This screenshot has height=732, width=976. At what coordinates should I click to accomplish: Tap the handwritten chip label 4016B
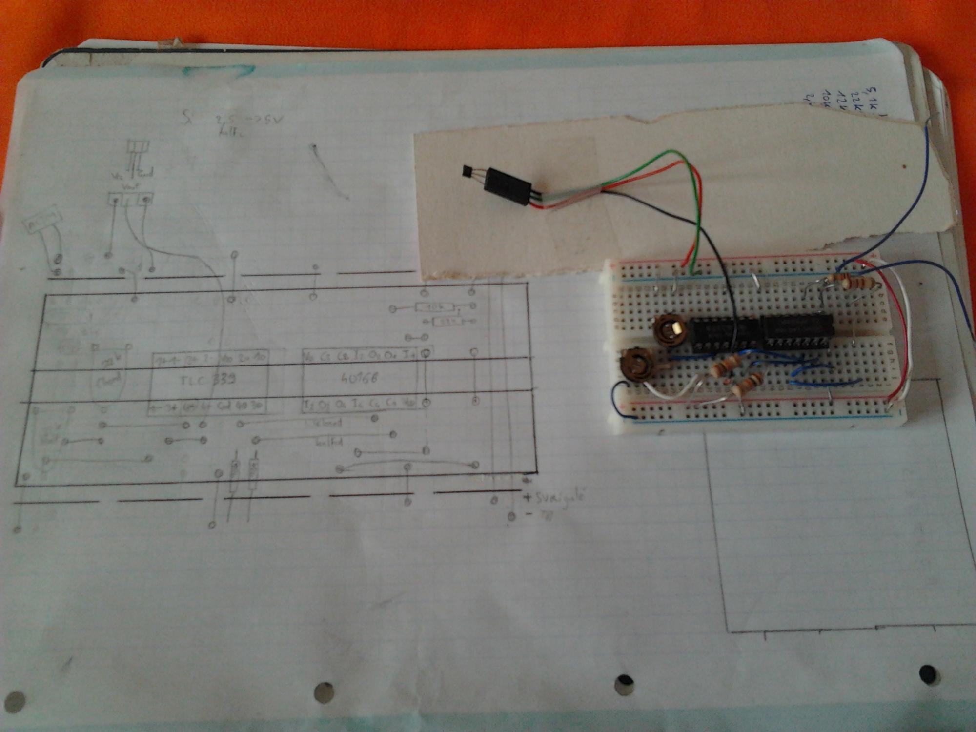point(359,377)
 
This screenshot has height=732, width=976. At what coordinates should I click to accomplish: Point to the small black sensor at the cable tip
point(468,171)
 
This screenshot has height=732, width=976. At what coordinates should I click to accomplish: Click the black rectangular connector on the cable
point(508,186)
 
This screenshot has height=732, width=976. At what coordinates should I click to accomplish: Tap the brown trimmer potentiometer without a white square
point(637,366)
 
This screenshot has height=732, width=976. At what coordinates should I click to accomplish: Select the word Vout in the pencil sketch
point(130,186)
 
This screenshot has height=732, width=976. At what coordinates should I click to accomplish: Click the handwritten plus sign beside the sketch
point(527,498)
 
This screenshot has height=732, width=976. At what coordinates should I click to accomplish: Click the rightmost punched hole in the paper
point(928,674)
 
